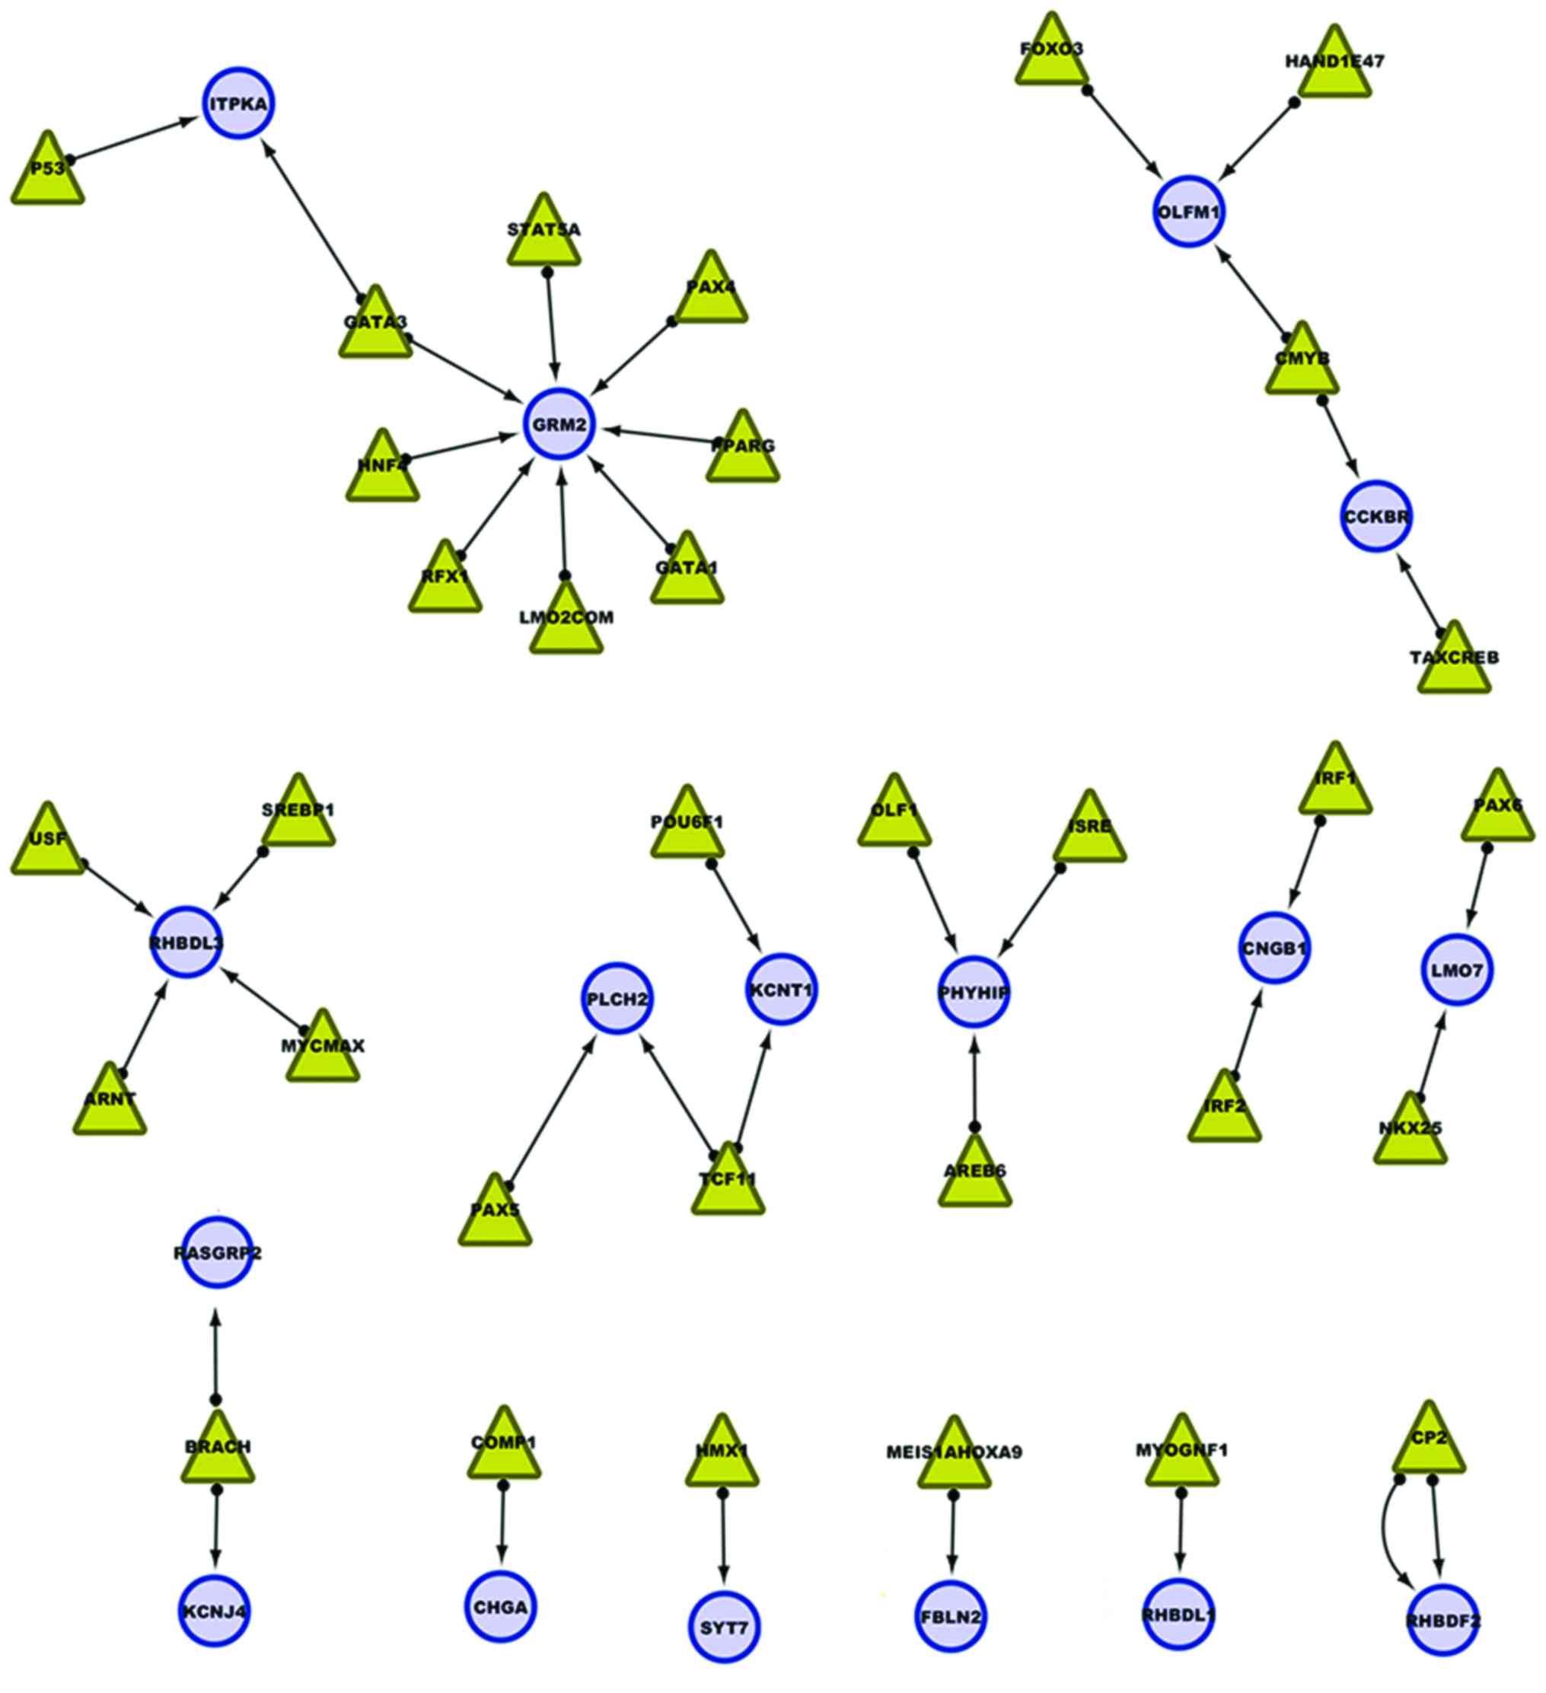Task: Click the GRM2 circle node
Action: click(x=559, y=424)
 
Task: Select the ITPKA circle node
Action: click(x=239, y=104)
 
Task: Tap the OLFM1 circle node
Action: click(x=1187, y=212)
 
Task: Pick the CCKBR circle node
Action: click(x=1375, y=516)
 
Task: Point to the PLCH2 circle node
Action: click(x=617, y=1000)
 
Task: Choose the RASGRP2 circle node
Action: click(x=218, y=1252)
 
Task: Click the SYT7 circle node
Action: click(x=724, y=1628)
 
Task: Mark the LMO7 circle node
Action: click(x=1456, y=970)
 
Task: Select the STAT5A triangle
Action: click(x=544, y=236)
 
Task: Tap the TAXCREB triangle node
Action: click(x=1454, y=664)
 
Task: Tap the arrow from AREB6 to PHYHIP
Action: click(x=974, y=1083)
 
